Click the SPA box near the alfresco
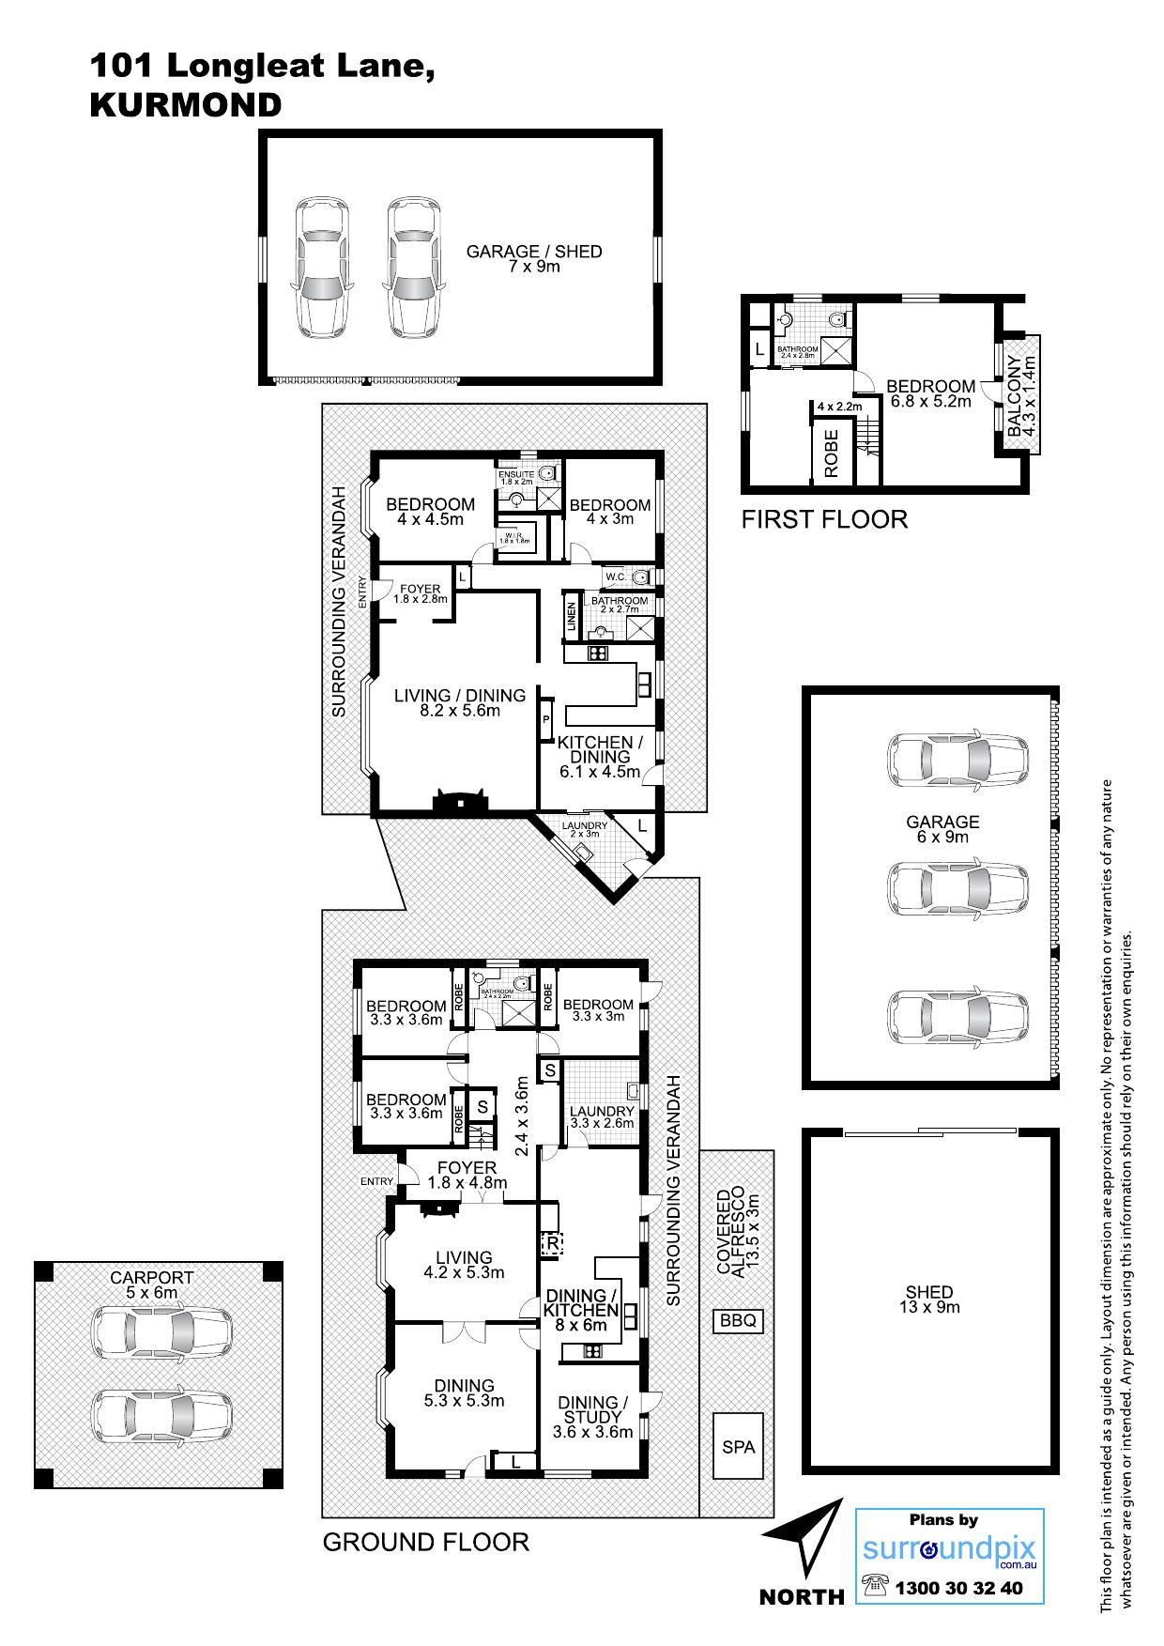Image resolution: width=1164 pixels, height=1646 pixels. pos(739,1447)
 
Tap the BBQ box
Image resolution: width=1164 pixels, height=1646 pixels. pos(738,1321)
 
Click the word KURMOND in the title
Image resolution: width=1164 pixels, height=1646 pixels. pos(185,105)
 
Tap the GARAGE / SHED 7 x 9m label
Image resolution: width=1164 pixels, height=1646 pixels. pos(534,258)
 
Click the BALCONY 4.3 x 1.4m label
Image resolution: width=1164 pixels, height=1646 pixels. pos(1020,395)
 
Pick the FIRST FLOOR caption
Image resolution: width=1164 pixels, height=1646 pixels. pos(824,519)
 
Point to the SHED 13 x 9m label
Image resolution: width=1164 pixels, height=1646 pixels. pos(929,1300)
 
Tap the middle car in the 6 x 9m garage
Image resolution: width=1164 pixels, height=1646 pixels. pos(958,888)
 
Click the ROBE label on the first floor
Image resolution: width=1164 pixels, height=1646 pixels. pos(831,454)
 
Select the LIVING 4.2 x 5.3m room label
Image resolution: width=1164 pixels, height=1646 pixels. pos(464,1265)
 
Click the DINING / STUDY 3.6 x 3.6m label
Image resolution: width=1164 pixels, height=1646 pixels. pos(593,1417)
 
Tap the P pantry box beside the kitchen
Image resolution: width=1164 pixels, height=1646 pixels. pos(546,720)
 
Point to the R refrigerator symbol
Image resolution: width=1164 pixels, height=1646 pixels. pos(551,1243)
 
